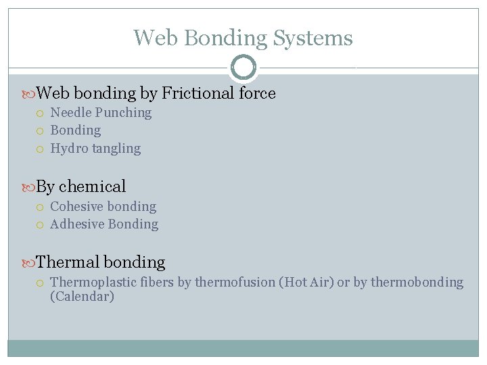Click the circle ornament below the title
click(x=243, y=67)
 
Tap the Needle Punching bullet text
click(x=101, y=112)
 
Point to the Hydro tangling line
click(x=95, y=148)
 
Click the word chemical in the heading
click(x=93, y=187)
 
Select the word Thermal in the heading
click(x=66, y=262)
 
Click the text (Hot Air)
click(x=306, y=282)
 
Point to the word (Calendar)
click(x=82, y=296)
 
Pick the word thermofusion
click(x=235, y=282)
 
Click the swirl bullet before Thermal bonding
click(x=28, y=262)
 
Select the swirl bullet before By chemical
click(x=28, y=187)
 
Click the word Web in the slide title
click(x=156, y=38)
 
